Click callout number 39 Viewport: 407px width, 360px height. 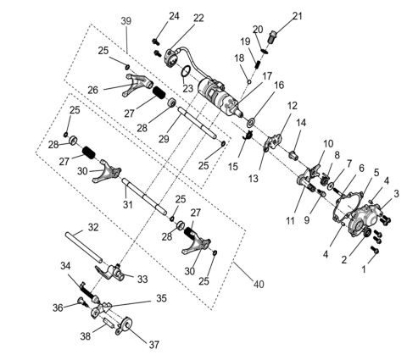click(x=125, y=19)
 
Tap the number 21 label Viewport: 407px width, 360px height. click(x=298, y=15)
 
